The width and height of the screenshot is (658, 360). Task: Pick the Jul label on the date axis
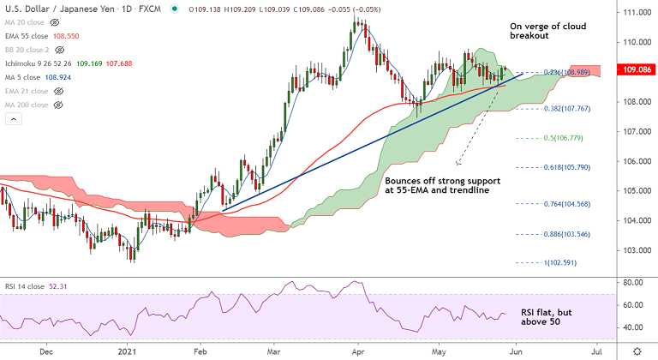pyautogui.click(x=596, y=351)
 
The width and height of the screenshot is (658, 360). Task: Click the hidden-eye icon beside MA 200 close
pyautogui.click(x=60, y=105)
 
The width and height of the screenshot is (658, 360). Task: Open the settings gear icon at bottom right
pyautogui.click(x=637, y=351)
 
